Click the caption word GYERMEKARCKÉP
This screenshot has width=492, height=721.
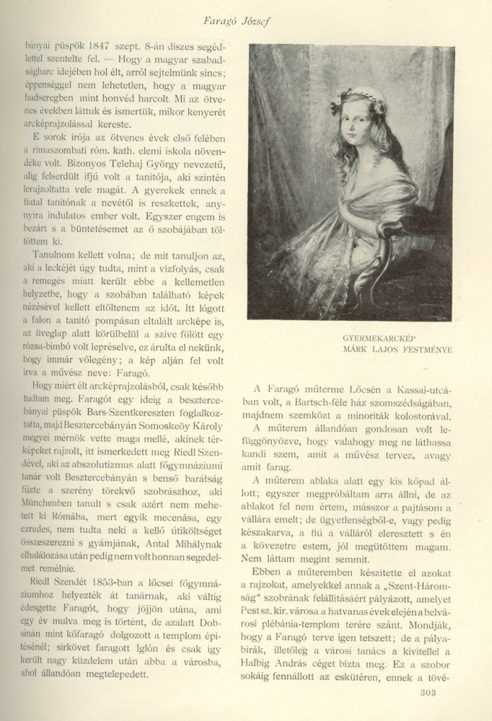[x=367, y=337]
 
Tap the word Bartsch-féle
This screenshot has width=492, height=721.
[x=316, y=404]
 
